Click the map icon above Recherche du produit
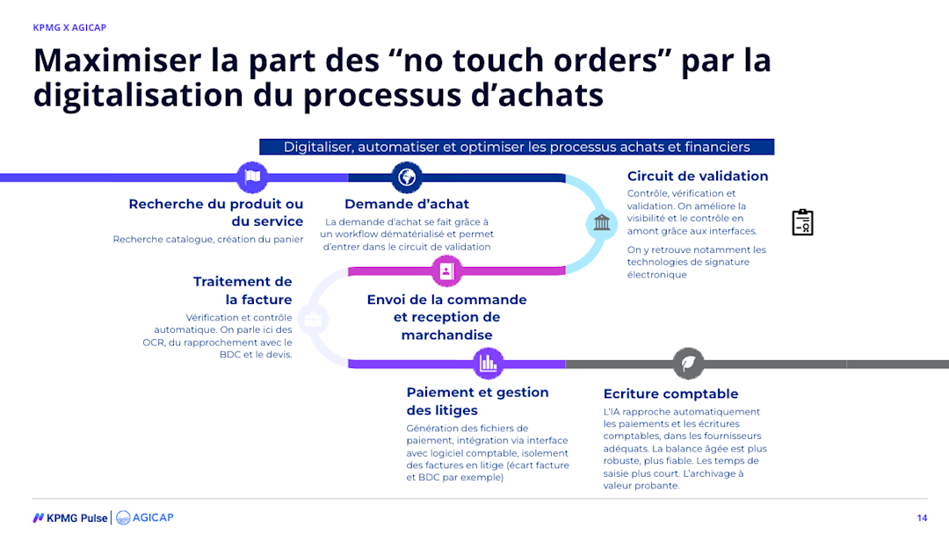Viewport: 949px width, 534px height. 252,177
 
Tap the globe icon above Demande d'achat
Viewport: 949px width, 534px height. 407,177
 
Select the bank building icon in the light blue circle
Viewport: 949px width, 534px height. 602,223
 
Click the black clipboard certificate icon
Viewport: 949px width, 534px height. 802,222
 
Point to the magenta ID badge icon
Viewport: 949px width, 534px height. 446,271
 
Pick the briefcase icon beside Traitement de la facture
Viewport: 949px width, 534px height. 313,318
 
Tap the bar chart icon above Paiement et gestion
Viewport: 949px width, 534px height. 489,363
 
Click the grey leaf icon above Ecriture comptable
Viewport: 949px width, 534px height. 688,363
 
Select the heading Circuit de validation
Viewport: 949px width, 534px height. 698,176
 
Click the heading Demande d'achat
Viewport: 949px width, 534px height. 407,204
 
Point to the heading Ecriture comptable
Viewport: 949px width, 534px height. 670,393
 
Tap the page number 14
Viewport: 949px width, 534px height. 922,517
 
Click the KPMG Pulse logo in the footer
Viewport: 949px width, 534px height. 70,517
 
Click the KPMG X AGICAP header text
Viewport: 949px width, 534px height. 69,27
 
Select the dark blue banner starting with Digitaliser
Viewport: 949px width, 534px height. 517,147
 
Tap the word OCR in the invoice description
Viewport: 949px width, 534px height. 154,343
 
